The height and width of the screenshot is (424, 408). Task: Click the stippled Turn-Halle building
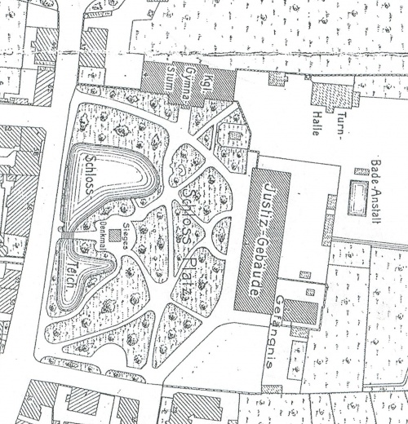(331, 95)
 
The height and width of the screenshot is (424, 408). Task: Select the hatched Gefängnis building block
(300, 312)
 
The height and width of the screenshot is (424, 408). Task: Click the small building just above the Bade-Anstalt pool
(361, 172)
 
